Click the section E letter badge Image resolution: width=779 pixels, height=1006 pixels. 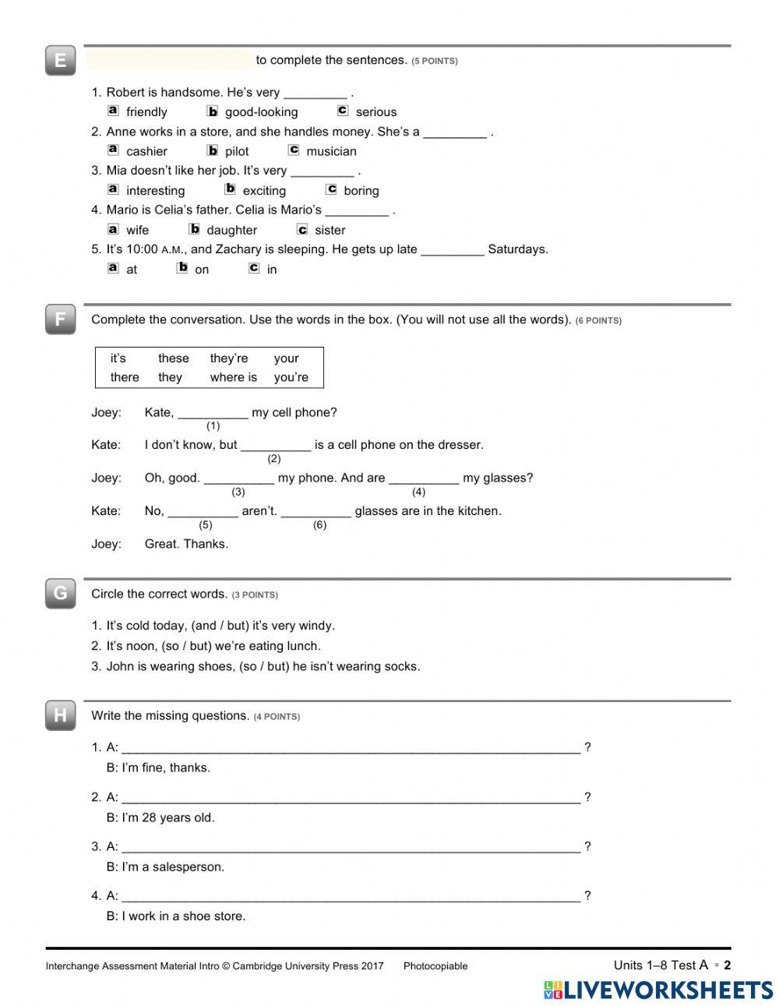pos(60,61)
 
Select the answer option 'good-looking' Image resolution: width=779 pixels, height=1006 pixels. pos(261,112)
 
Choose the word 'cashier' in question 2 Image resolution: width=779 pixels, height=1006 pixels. pos(146,151)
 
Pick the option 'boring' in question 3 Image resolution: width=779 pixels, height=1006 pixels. pos(361,191)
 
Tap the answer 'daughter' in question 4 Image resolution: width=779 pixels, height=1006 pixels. pos(231,230)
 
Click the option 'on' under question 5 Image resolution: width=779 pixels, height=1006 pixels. pos(202,270)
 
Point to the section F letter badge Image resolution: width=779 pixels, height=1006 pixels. pos(60,319)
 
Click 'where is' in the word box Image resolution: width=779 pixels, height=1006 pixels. pos(233,377)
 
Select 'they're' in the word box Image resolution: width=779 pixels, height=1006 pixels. pos(229,358)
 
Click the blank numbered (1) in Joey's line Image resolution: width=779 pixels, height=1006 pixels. pos(213,413)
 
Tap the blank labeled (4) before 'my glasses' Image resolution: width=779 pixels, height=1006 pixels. pos(423,478)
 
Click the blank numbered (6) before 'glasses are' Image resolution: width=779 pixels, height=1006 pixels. pos(315,511)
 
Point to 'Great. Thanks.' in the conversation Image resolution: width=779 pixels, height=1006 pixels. pos(186,544)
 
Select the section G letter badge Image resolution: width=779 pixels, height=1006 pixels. pos(60,594)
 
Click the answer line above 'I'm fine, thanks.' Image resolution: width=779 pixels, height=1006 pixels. pos(351,748)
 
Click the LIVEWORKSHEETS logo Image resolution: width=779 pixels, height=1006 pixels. pos(658,989)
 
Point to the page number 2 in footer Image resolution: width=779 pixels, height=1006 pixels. pos(728,965)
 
